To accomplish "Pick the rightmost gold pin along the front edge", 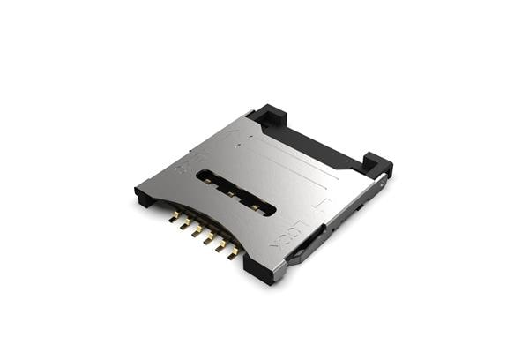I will click(233, 253).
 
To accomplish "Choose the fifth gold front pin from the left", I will click(221, 246).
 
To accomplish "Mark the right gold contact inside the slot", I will click(255, 206).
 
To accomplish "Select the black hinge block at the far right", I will click(377, 163).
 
